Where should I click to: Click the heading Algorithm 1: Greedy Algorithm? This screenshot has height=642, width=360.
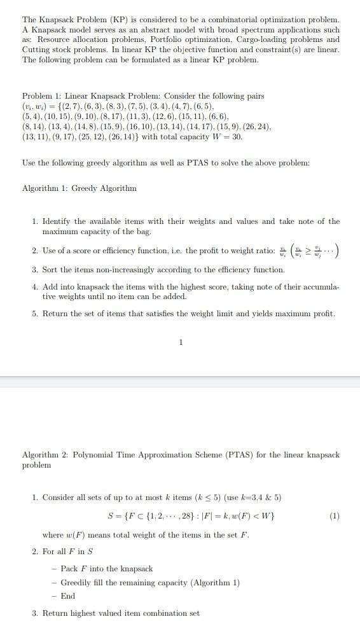(x=80, y=188)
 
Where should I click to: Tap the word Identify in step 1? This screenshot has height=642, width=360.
(x=57, y=221)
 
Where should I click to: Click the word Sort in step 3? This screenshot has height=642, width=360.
(x=51, y=270)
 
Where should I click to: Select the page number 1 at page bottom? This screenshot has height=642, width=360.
(x=181, y=342)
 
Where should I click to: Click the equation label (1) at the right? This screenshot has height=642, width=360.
(x=335, y=516)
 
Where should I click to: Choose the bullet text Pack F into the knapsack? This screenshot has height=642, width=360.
(x=107, y=569)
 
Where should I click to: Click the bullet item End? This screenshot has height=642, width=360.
(x=68, y=596)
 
